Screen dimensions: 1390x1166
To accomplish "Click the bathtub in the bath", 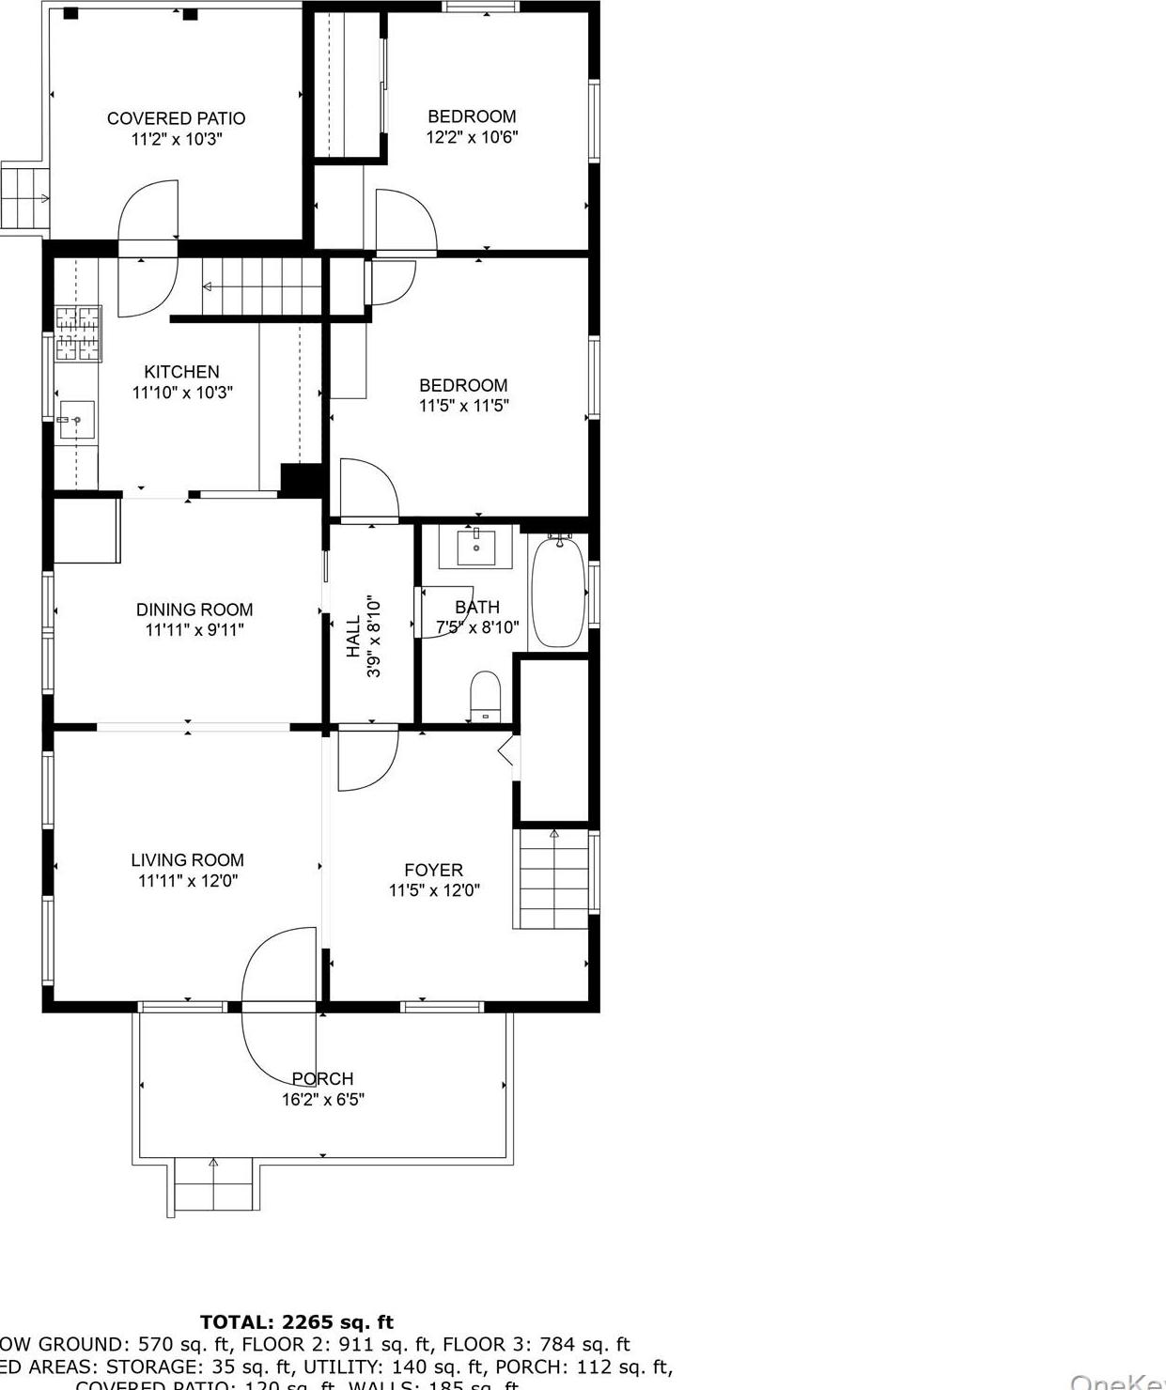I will [x=558, y=593].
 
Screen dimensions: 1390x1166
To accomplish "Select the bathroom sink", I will [x=476, y=546].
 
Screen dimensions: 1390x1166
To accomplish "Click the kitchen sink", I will [x=76, y=420].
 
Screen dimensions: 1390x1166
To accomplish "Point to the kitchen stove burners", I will [x=78, y=333].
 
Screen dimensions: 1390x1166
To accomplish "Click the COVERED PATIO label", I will [x=176, y=118].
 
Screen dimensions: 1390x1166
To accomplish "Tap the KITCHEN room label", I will [x=181, y=372].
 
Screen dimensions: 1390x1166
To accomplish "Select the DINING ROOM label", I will [x=194, y=610].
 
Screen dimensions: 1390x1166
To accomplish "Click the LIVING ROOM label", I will [x=187, y=859].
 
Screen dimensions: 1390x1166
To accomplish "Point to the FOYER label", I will [x=433, y=870].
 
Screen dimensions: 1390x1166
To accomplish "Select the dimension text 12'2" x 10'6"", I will [x=472, y=137].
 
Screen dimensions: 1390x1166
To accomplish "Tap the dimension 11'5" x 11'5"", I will [x=463, y=406].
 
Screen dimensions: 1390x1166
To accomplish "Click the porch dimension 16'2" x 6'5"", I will [x=323, y=1100].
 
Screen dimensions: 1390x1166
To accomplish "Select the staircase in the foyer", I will [x=553, y=878].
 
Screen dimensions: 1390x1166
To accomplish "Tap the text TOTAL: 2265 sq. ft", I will [x=297, y=1322].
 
